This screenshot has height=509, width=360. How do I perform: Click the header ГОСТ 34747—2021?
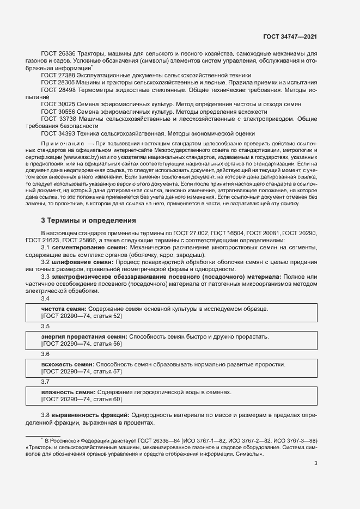(x=290, y=36)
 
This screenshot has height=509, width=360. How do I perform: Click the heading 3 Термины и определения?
(x=84, y=220)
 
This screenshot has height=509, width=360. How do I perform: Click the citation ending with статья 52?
(x=82, y=316)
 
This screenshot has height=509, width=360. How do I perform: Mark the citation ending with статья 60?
(x=82, y=399)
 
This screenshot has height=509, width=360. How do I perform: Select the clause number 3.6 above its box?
(x=46, y=354)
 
